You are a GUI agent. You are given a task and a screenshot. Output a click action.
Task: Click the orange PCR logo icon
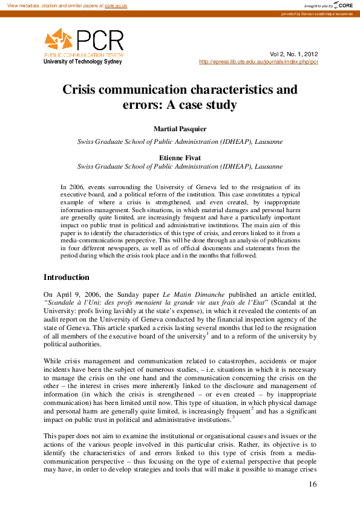59,40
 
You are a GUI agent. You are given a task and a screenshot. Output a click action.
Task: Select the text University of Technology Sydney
83,62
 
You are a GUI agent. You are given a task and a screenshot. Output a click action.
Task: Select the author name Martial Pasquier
180,129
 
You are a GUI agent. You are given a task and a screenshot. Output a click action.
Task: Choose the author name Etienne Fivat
180,157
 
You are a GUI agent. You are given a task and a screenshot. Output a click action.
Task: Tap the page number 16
312,484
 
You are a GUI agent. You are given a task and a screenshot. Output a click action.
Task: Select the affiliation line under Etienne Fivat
180,166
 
